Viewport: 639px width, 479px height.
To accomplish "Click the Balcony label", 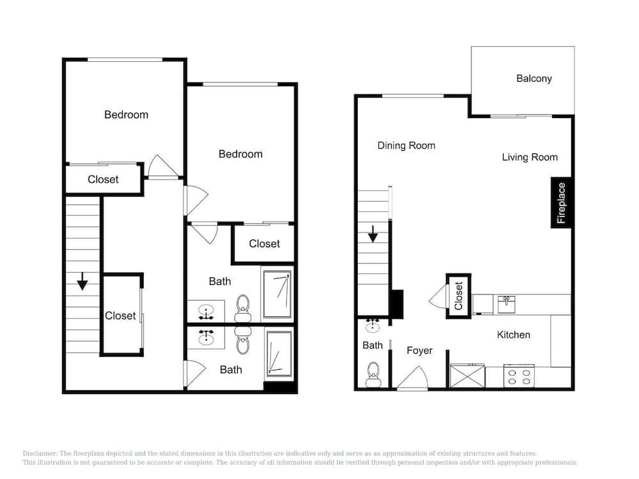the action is [x=534, y=79].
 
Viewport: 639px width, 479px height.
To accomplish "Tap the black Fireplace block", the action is [x=561, y=202].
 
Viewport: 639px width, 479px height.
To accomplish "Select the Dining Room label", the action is [x=406, y=146].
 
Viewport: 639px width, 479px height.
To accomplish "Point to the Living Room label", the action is [x=530, y=157].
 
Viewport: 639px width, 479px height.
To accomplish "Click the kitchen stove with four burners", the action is [x=519, y=376].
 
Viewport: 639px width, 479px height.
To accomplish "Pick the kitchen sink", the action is [x=507, y=304].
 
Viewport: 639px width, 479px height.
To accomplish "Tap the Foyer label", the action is [x=419, y=351].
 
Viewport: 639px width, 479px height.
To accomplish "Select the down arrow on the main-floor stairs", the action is [x=373, y=234].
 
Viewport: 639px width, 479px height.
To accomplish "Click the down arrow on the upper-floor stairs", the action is [x=82, y=281].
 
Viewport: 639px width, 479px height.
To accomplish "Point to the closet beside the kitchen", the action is [x=458, y=296].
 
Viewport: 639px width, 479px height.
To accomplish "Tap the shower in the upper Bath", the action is [x=277, y=294].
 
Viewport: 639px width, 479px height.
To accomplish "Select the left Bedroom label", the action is [x=127, y=115].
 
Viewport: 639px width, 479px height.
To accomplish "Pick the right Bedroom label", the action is [x=240, y=155].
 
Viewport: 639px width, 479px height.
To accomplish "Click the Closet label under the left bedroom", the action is [x=103, y=179].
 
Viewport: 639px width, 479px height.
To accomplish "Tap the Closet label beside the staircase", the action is [x=120, y=316].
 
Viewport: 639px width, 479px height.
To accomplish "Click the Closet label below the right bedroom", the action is [x=265, y=244].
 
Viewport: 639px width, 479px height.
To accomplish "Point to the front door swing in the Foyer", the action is [x=412, y=378].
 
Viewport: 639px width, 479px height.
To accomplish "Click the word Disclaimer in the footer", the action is [x=40, y=453].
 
